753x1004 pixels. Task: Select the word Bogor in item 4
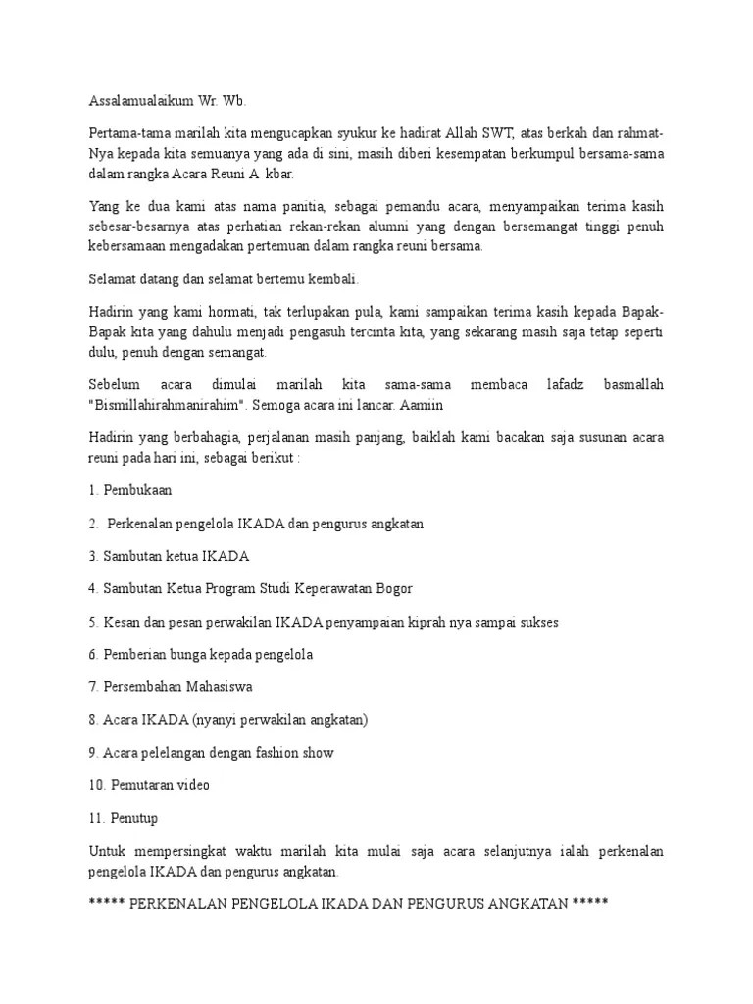[390, 588]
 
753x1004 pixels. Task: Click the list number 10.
[96, 785]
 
